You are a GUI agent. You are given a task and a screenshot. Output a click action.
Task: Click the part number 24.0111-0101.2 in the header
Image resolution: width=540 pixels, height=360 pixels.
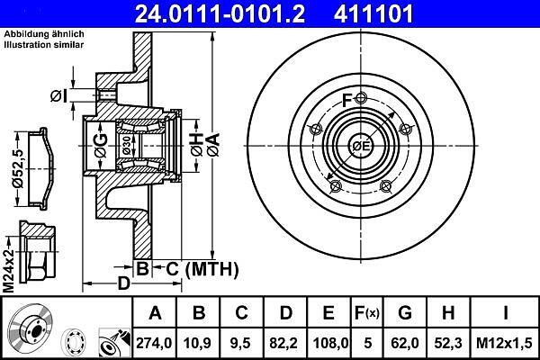220,14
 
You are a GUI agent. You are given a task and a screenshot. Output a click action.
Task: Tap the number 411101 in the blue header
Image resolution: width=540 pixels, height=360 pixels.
373,14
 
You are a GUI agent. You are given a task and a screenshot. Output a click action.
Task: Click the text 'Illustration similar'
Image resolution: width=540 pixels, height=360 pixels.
44,45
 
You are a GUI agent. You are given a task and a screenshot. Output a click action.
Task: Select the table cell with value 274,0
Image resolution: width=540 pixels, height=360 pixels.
154,343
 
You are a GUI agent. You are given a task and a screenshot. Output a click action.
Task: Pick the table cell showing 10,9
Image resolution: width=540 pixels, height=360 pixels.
198,343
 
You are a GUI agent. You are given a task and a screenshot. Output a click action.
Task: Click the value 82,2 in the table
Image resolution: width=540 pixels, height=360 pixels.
284,343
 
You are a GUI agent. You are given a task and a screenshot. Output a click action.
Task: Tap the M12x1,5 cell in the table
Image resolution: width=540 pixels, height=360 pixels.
504,343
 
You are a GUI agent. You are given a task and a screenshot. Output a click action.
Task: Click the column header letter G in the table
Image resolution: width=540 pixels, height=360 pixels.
405,313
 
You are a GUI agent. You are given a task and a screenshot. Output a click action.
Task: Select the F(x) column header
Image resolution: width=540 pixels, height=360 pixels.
367,313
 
